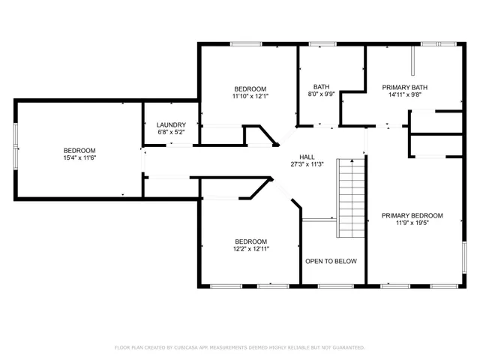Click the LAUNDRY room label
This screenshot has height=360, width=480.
[x=170, y=124]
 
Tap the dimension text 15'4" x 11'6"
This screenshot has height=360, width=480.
[x=79, y=158]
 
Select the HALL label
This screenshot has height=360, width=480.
[x=307, y=157]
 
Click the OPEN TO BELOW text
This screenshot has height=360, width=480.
[x=331, y=261]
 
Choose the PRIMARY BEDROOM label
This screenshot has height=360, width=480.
[x=412, y=215]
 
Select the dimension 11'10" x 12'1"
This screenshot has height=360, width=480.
[x=250, y=96]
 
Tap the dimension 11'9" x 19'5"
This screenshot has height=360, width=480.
[x=412, y=223]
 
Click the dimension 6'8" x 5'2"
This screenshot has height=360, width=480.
[x=170, y=132]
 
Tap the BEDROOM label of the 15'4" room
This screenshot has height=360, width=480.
[x=79, y=150]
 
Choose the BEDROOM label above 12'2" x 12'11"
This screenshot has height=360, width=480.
[x=250, y=240]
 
